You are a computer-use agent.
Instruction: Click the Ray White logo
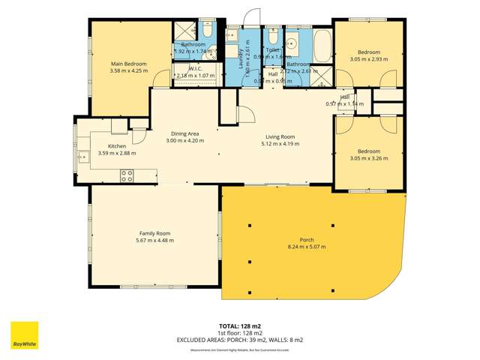pyautogui.click(x=24, y=335)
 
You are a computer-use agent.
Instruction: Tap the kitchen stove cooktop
pyautogui.click(x=127, y=176)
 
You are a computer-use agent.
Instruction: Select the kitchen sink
pyautogui.click(x=82, y=156)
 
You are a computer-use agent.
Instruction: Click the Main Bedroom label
pyautogui.click(x=129, y=64)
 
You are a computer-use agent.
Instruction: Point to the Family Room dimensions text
pyautogui.click(x=154, y=241)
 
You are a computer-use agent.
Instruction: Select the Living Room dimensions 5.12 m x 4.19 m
pyautogui.click(x=280, y=144)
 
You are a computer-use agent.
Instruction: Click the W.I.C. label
pyautogui.click(x=196, y=68)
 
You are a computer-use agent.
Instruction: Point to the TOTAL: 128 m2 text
pyautogui.click(x=240, y=326)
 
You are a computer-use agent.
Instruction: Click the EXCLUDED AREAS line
pyautogui.click(x=240, y=340)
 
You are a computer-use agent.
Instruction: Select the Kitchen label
pyautogui.click(x=117, y=146)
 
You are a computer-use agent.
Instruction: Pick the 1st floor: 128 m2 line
pyautogui.click(x=240, y=333)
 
